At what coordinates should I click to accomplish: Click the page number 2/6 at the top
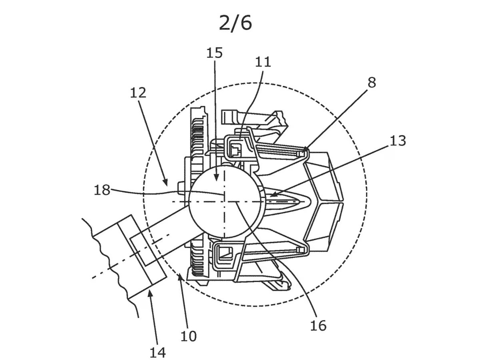point(236,23)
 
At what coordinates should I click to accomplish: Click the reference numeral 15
point(214,53)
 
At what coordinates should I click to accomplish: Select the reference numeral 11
point(263,62)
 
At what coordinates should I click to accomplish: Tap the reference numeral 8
point(372,83)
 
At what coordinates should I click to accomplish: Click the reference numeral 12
point(138,93)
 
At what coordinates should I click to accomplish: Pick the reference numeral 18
point(102,190)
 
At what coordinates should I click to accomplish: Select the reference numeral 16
point(318,325)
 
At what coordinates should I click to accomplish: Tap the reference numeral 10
point(188,336)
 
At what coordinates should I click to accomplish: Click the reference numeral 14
point(158,352)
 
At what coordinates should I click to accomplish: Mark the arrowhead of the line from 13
point(269,196)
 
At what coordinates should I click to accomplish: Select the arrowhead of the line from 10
point(179,274)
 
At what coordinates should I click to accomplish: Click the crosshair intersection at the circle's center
point(225,202)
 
